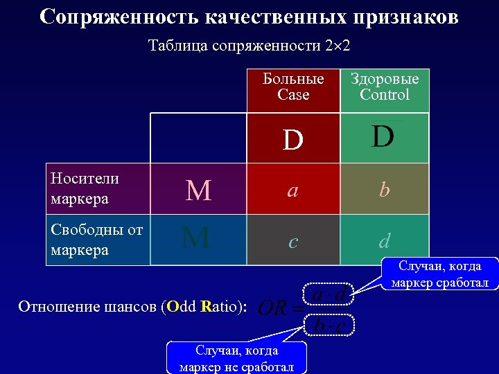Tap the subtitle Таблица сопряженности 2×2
pos(249,46)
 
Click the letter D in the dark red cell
pos(293,140)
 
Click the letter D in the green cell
pos(383,137)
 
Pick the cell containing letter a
pos(293,190)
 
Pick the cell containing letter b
pos(385,190)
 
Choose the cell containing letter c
pos(293,240)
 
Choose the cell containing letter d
pos(385,240)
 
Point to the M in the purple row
pos(199,190)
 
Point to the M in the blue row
pos(196,238)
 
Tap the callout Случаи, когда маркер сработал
pos(440,274)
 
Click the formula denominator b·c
pos(330,325)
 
